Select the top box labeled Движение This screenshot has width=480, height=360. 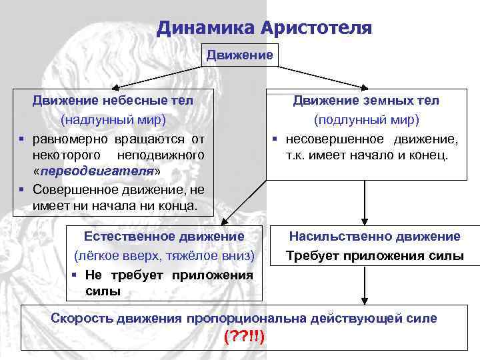tap(239, 55)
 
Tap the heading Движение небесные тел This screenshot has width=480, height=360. tap(113, 101)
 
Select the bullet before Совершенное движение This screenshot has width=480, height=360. tap(22, 189)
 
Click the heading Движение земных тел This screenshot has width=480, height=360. tap(367, 101)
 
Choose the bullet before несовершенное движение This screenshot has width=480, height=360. tap(273, 139)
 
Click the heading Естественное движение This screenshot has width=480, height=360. tap(164, 236)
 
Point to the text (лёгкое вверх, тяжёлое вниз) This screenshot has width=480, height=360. tap(164, 255)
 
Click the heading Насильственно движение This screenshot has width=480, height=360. tap(374, 236)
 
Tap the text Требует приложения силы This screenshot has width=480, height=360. tap(374, 255)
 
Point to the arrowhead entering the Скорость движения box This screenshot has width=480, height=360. tap(364, 301)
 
